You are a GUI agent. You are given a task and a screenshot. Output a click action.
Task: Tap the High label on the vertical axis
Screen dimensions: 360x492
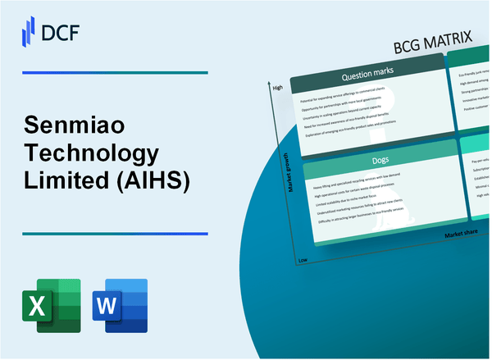tap(277, 88)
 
